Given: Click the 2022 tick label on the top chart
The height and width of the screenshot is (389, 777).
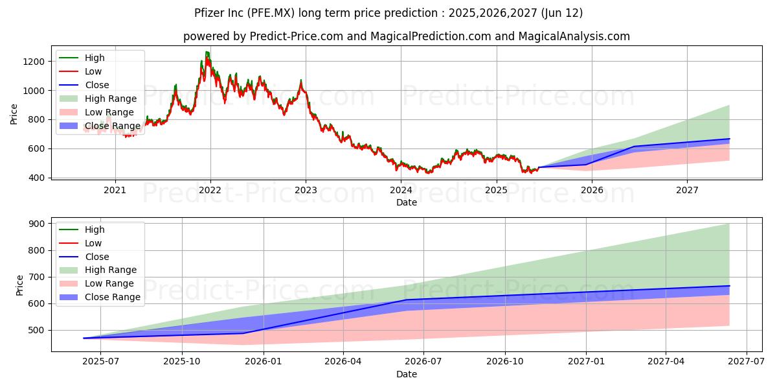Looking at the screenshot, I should click(x=210, y=190).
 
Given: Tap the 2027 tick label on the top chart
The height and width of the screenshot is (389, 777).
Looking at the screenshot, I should click(x=687, y=190).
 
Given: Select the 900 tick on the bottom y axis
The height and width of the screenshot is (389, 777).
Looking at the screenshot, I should click(x=37, y=224).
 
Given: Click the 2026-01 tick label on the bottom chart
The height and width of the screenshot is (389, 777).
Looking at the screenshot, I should click(x=262, y=362).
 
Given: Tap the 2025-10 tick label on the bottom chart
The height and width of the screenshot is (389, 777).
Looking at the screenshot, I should click(x=182, y=362).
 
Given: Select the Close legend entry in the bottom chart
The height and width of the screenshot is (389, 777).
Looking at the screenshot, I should click(x=97, y=257).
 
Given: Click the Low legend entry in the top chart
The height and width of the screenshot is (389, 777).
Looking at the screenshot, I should click(x=93, y=71).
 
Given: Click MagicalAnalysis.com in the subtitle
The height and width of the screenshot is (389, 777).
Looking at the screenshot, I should click(x=574, y=36).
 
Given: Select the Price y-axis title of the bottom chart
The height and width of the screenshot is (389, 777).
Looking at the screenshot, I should click(x=19, y=285).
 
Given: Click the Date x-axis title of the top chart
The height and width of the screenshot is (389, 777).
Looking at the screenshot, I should click(x=407, y=202).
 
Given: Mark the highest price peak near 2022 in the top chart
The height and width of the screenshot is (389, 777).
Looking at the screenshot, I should click(x=207, y=52).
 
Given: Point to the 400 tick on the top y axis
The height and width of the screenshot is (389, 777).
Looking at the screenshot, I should click(x=37, y=178).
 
